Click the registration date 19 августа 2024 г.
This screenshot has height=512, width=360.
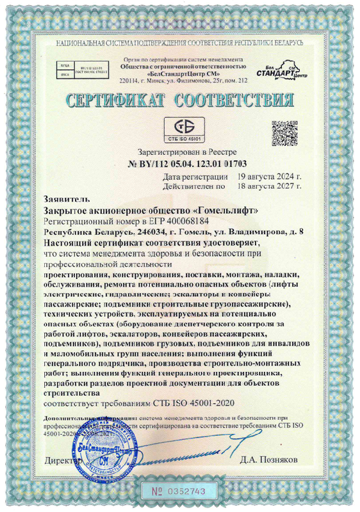(x=269, y=175)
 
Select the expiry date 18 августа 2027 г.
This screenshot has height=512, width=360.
(x=269, y=186)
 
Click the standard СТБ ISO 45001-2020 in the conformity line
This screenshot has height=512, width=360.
(x=194, y=405)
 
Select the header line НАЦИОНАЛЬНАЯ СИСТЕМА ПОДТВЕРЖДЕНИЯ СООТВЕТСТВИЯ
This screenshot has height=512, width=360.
(x=179, y=43)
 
